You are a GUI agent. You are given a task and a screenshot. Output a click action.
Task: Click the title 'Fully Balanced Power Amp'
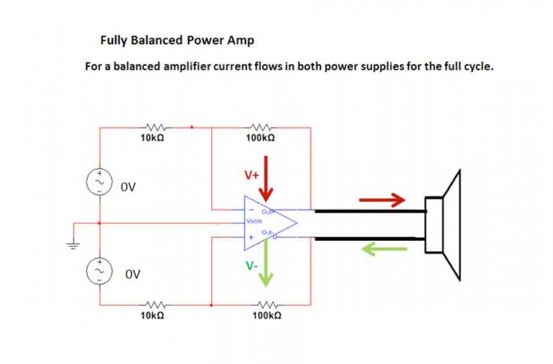[177, 39]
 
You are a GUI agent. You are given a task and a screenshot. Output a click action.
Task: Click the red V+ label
[251, 175]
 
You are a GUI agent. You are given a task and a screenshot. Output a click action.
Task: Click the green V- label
[251, 266]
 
